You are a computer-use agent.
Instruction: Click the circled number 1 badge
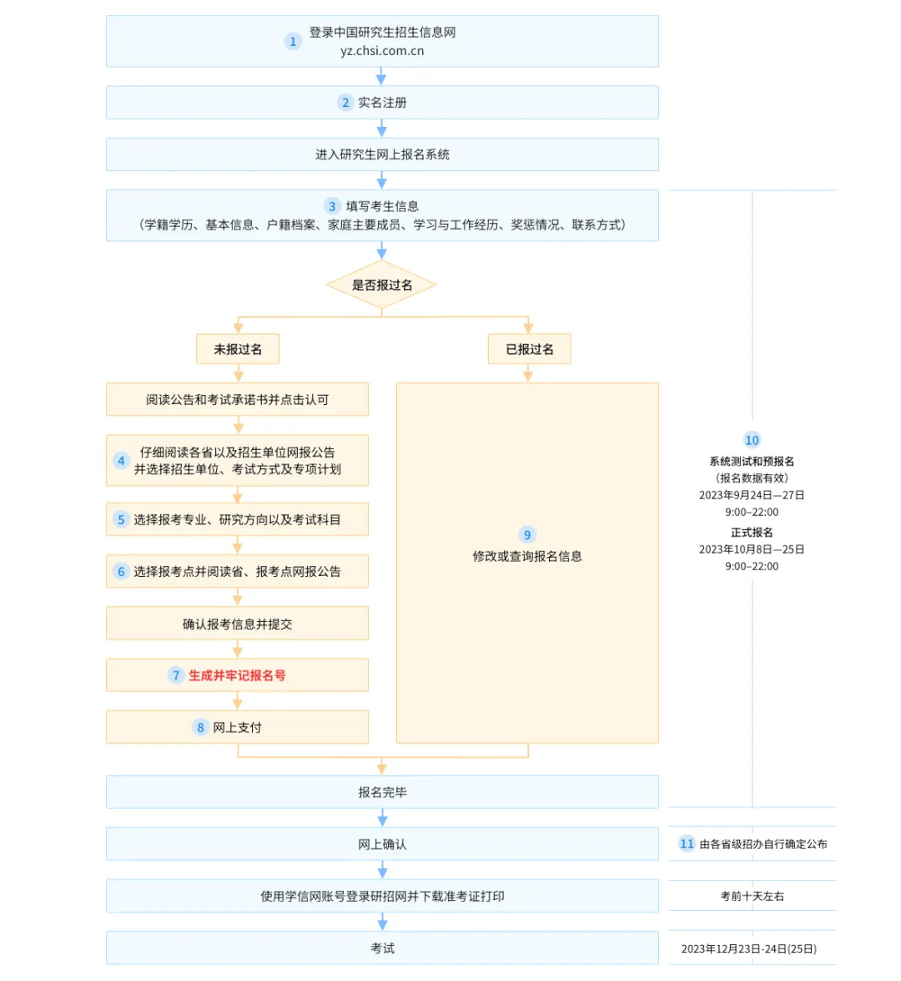pyautogui.click(x=293, y=41)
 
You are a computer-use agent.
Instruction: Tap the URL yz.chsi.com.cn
pyautogui.click(x=382, y=51)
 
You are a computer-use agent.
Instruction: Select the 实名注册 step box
pyautogui.click(x=382, y=103)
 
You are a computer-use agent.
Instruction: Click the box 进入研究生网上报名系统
pyautogui.click(x=382, y=154)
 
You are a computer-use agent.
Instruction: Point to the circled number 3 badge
pyautogui.click(x=332, y=206)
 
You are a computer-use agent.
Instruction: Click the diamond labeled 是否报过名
pyautogui.click(x=381, y=286)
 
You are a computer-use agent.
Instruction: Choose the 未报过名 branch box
pyautogui.click(x=238, y=349)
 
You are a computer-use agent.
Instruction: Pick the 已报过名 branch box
pyautogui.click(x=529, y=349)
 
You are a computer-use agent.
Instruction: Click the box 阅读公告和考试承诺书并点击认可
pyautogui.click(x=237, y=399)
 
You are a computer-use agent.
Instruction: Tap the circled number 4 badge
pyautogui.click(x=121, y=461)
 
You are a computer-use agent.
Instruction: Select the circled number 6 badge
pyautogui.click(x=121, y=571)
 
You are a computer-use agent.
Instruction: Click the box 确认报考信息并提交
pyautogui.click(x=237, y=623)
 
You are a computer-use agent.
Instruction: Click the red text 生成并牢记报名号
pyautogui.click(x=237, y=675)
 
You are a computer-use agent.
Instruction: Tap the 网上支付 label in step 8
pyautogui.click(x=237, y=728)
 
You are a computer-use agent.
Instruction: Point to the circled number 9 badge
pyautogui.click(x=527, y=535)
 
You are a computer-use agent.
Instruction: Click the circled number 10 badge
pyautogui.click(x=753, y=440)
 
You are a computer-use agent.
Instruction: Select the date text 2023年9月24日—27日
pyautogui.click(x=752, y=495)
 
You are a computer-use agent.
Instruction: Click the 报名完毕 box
pyautogui.click(x=382, y=792)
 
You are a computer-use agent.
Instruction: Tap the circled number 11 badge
pyautogui.click(x=687, y=843)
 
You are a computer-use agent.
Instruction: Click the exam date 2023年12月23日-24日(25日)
pyautogui.click(x=749, y=948)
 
